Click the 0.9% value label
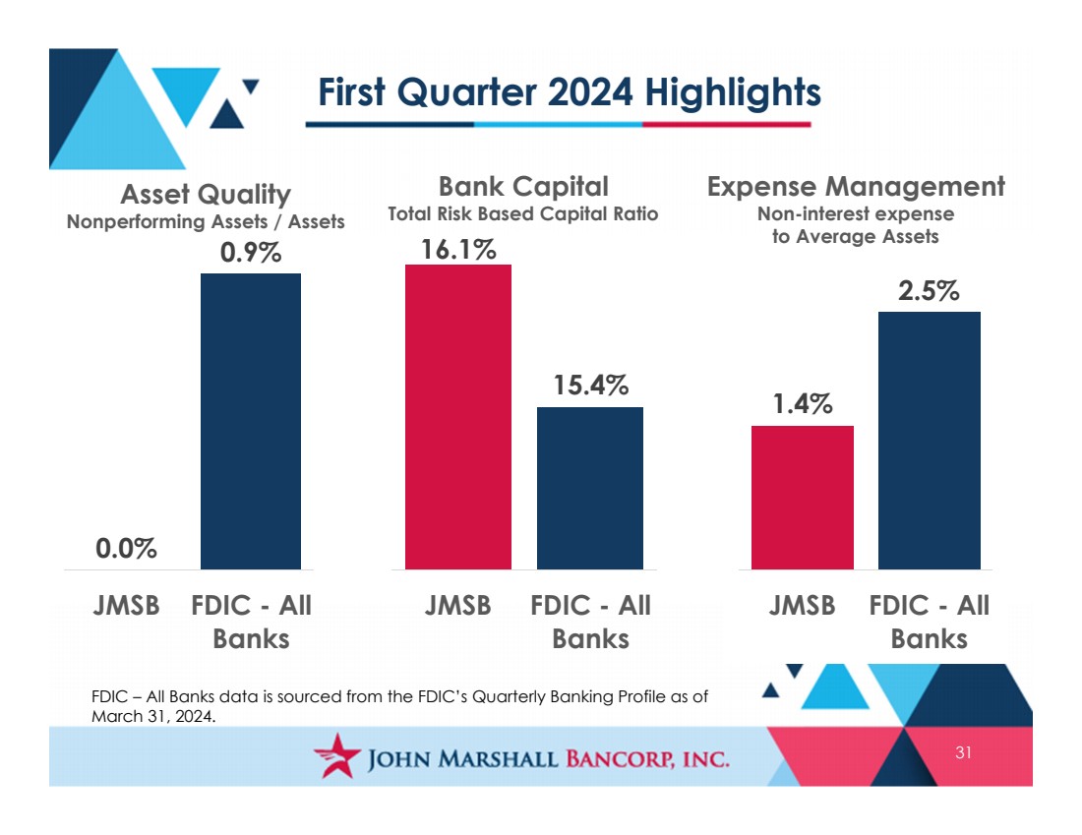251,253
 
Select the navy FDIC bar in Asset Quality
251,421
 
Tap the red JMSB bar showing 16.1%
458,417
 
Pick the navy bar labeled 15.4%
590,488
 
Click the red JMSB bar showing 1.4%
803,498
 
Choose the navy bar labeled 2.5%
930,441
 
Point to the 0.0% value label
126,549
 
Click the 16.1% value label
459,249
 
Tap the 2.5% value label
929,290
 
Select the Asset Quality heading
206,195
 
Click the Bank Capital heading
523,186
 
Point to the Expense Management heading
856,186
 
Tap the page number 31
963,752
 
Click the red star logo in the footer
337,755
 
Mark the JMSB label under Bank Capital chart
457,605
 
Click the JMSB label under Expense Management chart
802,605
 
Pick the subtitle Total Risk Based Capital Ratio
523,214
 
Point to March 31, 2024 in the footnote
153,716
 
